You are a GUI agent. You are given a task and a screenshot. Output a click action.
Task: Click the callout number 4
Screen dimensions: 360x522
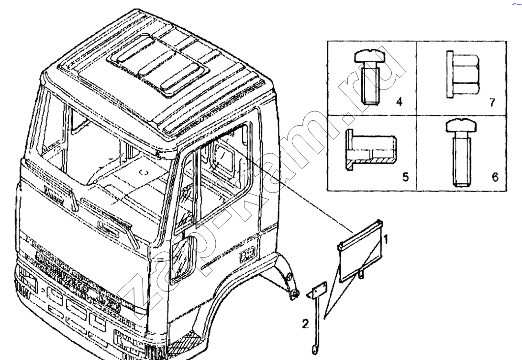[399, 101]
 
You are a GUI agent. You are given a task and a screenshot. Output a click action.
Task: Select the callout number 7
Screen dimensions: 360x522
[492, 101]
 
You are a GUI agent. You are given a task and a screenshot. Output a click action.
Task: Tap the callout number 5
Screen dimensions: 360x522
[405, 177]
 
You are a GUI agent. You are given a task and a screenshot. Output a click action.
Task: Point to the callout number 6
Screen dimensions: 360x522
[495, 177]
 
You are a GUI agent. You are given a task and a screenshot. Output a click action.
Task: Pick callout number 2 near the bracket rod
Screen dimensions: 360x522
[305, 324]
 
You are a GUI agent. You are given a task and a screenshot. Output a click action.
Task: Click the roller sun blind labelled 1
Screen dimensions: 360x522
[360, 254]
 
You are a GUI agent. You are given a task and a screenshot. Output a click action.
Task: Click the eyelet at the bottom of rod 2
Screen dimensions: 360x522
[313, 353]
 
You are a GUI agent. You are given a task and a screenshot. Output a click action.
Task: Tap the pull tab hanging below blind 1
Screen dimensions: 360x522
[360, 275]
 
